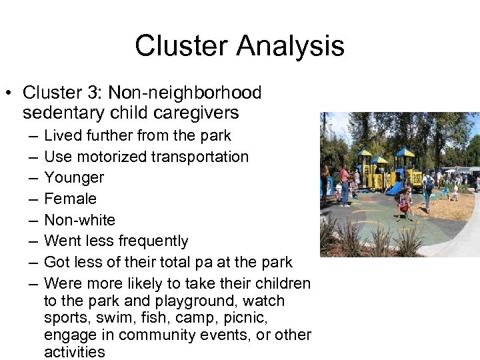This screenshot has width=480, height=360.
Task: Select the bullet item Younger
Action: [x=73, y=177]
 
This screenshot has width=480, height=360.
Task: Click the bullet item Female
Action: [x=70, y=199]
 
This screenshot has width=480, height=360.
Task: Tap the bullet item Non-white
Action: [x=79, y=220]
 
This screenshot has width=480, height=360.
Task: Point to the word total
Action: [x=187, y=262]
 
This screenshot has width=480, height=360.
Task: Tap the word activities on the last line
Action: [x=74, y=351]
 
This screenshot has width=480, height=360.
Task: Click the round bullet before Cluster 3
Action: [x=10, y=93]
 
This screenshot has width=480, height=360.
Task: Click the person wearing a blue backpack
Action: [x=428, y=187]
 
